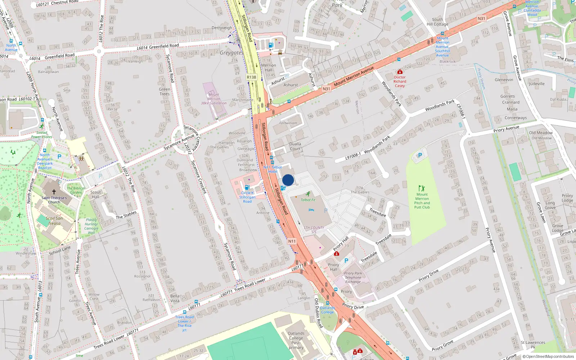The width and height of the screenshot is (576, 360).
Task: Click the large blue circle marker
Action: tap(288, 180)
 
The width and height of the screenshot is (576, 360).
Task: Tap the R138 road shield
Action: tap(251, 77)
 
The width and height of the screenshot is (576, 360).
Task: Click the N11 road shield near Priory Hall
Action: tap(292, 241)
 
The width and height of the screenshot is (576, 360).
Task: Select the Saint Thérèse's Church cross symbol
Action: tap(54, 192)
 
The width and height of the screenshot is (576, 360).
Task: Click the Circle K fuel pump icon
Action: tap(247, 187)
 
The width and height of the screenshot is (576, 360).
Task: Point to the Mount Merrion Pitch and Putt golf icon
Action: tap(422, 188)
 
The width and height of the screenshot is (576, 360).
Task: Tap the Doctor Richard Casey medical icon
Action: tap(400, 72)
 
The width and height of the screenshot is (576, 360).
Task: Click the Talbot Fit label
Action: tap(308, 200)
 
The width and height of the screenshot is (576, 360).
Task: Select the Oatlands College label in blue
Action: tap(327, 310)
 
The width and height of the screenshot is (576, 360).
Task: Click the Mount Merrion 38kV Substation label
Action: tap(213, 99)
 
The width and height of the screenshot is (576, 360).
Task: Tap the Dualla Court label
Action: tap(295, 146)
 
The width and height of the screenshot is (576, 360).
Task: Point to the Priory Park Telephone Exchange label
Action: tap(353, 278)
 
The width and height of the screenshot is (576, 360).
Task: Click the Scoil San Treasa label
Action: tap(54, 221)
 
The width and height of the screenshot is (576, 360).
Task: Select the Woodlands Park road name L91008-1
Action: tap(353, 156)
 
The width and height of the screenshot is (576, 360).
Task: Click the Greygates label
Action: tap(231, 53)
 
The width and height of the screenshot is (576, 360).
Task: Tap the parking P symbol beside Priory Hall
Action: tap(346, 261)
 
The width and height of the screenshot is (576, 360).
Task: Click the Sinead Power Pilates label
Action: tap(41, 135)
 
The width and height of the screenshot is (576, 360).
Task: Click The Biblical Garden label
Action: tap(76, 190)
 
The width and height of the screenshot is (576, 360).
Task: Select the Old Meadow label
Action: tap(540, 132)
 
